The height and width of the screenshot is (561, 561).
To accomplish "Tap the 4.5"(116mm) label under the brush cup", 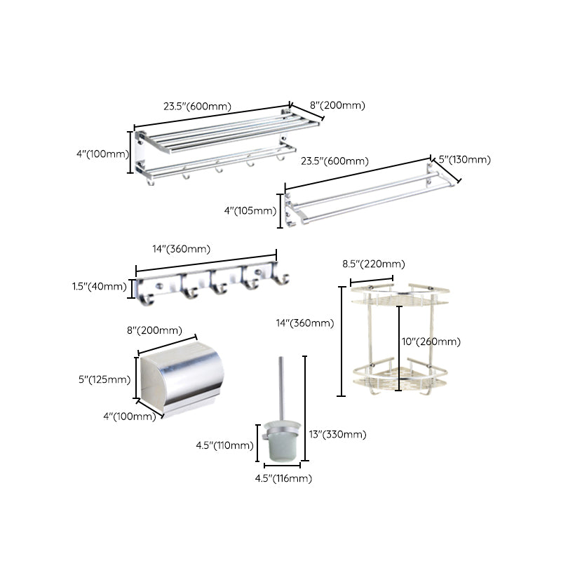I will tap(283, 478).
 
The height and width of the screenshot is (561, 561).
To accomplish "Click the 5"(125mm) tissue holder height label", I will tap(104, 379).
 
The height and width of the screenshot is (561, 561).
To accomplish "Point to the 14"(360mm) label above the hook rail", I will tap(182, 248).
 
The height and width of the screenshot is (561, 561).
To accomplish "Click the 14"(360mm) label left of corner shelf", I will tap(304, 323).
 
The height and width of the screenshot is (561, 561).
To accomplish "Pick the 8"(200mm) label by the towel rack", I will tap(337, 105).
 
